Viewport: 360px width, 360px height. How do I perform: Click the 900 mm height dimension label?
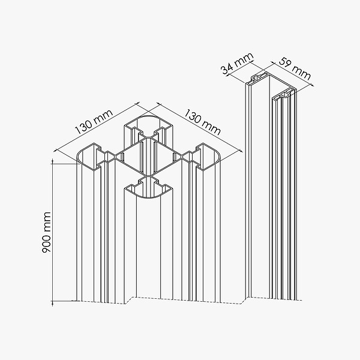pos(46,232)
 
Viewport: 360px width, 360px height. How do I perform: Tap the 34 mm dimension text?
pos(238,64)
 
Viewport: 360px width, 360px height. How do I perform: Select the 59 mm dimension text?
pos(295,68)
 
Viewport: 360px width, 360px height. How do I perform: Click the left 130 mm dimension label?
pos(94,121)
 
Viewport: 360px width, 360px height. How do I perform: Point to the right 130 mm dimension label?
pos(203,122)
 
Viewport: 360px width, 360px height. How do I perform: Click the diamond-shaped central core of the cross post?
pos(149,156)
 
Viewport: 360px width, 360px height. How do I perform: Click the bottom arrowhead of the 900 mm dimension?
pos(53,303)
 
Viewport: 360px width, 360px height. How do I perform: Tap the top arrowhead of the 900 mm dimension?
pos(53,161)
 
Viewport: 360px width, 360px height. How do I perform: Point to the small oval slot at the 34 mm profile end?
pos(257,78)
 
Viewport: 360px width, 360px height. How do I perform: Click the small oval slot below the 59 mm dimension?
pos(286,94)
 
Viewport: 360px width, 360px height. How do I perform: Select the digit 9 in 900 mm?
pos(46,249)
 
